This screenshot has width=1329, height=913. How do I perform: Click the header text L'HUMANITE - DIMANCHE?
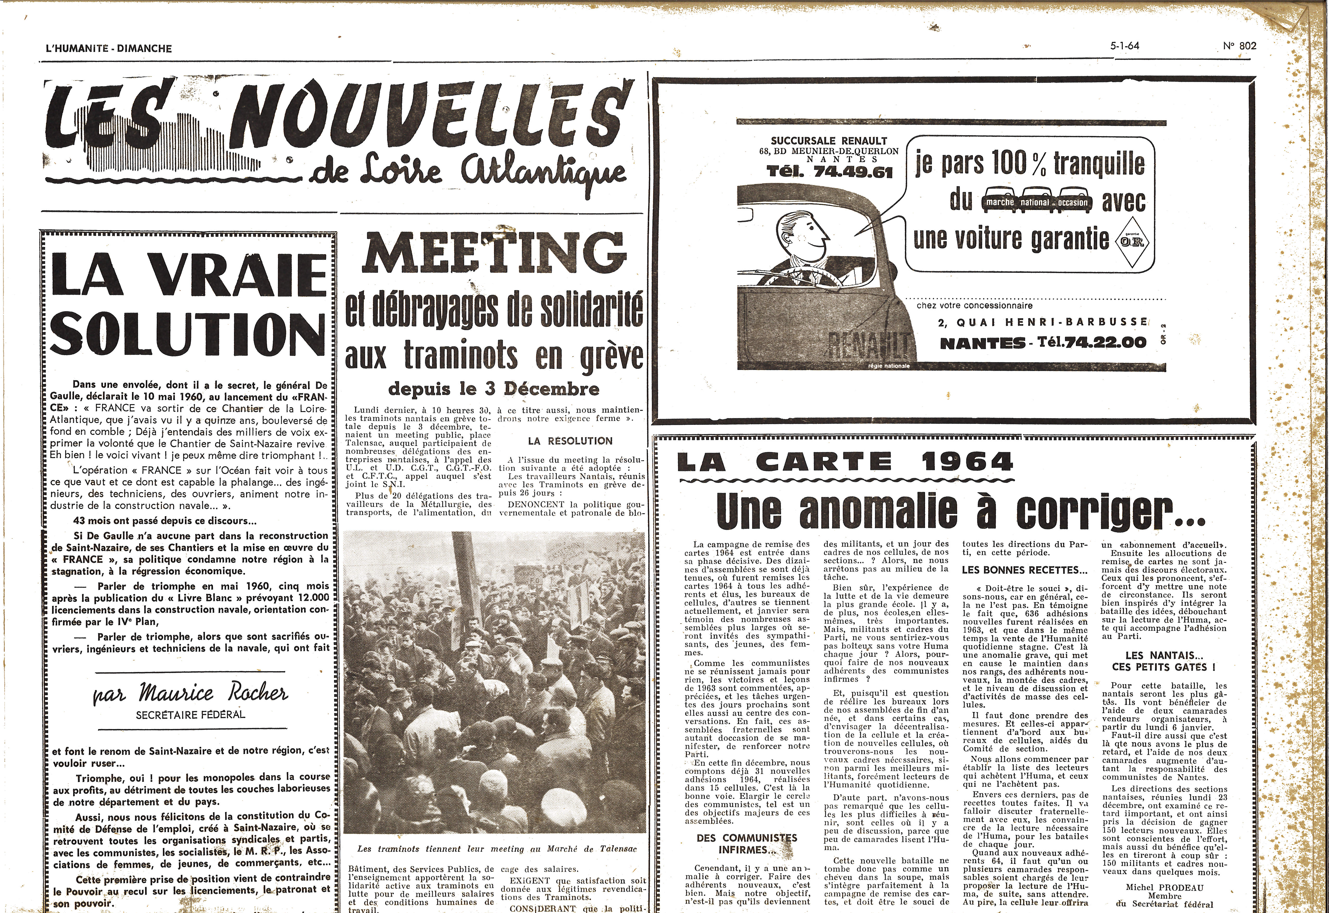(109, 49)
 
